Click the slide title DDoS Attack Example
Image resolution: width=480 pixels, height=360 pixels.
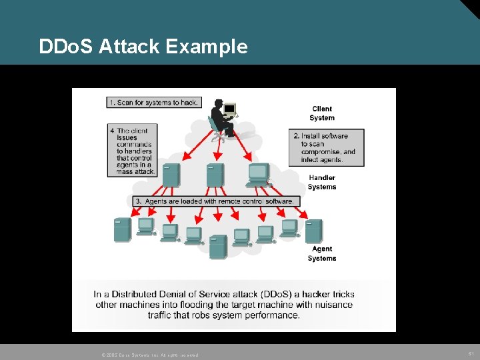pyautogui.click(x=143, y=47)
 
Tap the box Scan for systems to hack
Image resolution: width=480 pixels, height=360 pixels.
pyautogui.click(x=153, y=102)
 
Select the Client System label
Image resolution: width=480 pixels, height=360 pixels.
pyautogui.click(x=321, y=113)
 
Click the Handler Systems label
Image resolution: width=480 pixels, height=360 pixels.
pyautogui.click(x=322, y=182)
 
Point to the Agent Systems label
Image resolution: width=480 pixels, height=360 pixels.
pyautogui.click(x=322, y=253)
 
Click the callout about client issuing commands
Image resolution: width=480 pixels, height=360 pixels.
pyautogui.click(x=132, y=151)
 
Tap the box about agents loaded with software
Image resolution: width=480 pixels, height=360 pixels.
pyautogui.click(x=214, y=201)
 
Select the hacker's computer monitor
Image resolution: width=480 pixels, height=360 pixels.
pyautogui.click(x=230, y=108)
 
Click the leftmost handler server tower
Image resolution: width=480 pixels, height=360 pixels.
pyautogui.click(x=171, y=175)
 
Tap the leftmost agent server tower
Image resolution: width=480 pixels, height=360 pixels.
pyautogui.click(x=122, y=230)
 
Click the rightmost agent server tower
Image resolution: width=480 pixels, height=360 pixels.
pyautogui.click(x=313, y=231)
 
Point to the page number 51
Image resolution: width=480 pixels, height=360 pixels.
pyautogui.click(x=470, y=353)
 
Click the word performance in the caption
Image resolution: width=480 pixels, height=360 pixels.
pyautogui.click(x=266, y=315)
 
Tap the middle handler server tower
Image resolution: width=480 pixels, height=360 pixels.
pyautogui.click(x=215, y=175)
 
